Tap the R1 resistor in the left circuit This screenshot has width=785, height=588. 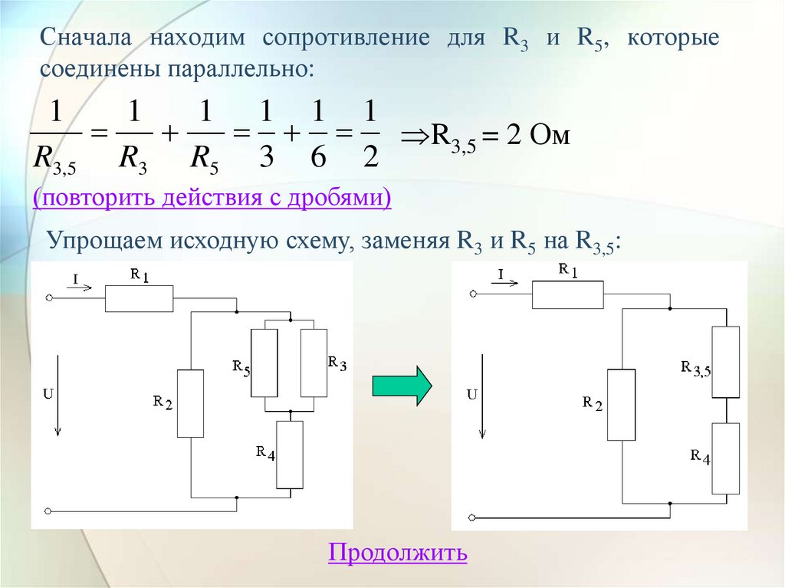139,298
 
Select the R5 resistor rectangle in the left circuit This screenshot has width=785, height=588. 264,363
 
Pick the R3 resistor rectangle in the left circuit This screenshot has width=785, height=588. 314,363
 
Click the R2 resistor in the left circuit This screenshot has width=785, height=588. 190,403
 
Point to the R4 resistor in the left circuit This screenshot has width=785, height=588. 290,455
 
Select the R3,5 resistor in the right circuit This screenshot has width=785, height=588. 725,362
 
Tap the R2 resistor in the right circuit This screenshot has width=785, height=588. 621,405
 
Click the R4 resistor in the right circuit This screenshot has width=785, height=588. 725,458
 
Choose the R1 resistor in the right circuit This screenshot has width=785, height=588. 567,294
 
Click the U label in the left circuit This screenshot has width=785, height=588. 48,394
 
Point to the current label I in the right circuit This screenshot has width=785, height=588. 501,274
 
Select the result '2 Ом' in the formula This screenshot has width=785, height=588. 539,136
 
